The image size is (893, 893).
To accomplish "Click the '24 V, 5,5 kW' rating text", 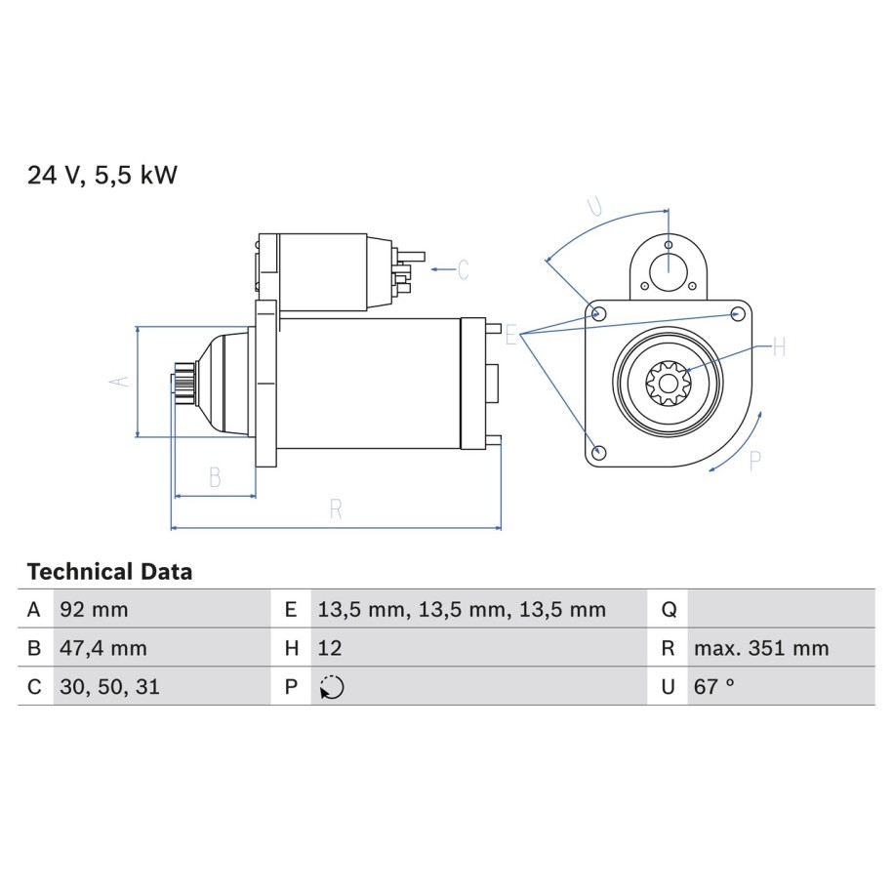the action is click(102, 175).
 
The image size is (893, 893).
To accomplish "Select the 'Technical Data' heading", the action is click(110, 572).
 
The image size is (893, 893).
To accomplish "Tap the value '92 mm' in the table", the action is click(94, 609).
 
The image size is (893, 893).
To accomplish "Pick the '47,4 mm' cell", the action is click(103, 648).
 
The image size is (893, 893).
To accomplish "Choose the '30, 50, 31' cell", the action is click(110, 687).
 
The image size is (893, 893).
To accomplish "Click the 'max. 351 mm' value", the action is click(761, 648).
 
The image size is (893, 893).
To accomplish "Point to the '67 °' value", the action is click(714, 687).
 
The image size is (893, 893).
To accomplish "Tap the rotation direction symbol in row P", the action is click(332, 687).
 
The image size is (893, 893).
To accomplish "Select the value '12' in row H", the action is click(330, 648).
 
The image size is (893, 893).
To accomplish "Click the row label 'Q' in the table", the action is click(670, 610).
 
